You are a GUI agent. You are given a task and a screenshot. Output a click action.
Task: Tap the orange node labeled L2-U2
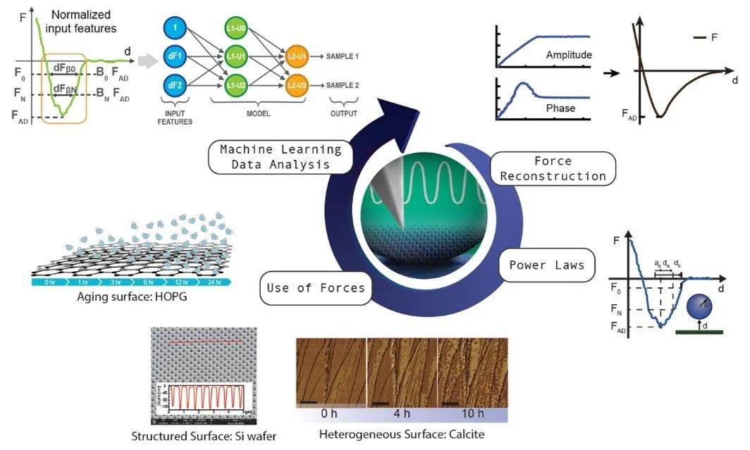296,85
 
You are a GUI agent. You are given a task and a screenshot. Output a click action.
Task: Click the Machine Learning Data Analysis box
281,156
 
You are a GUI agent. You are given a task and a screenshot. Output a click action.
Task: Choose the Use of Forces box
316,287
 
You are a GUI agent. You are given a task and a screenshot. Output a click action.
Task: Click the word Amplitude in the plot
568,54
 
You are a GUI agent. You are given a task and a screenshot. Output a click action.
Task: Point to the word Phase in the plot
560,108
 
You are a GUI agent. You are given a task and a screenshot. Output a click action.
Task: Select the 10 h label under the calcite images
471,413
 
